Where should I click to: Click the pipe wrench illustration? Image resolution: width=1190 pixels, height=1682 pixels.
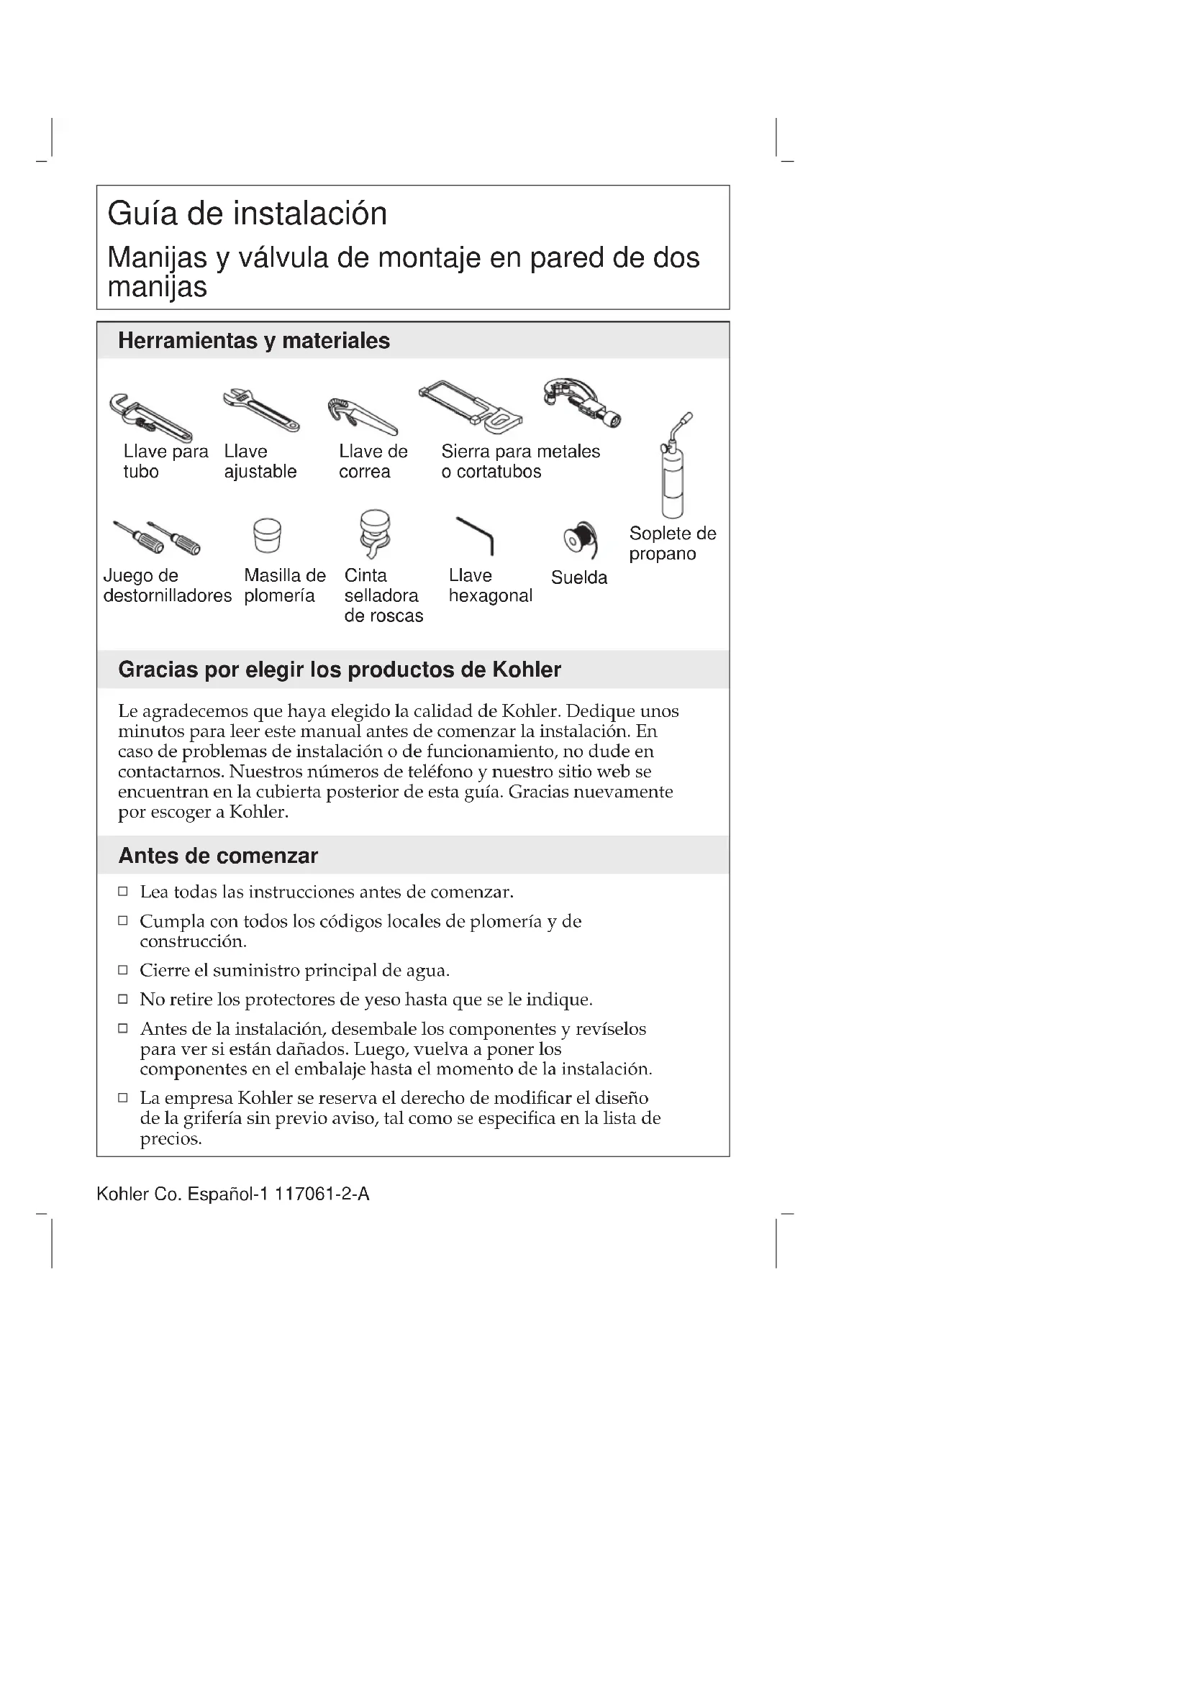click(150, 418)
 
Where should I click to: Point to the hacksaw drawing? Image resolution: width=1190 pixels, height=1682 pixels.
click(471, 405)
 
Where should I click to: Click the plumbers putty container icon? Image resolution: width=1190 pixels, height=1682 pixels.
click(267, 536)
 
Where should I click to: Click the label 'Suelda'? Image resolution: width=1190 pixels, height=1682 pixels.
click(579, 578)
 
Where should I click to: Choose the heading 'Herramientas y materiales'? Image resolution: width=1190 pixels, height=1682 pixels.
click(253, 341)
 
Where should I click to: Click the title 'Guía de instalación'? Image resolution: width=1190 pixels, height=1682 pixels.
click(247, 214)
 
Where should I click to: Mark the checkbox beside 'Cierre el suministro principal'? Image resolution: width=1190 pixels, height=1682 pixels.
click(123, 970)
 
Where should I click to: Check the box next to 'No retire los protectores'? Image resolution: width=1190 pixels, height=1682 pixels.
click(123, 1000)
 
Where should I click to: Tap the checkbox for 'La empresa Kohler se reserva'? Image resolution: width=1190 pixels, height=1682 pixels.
click(123, 1097)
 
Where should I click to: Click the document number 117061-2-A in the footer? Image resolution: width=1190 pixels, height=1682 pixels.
click(322, 1195)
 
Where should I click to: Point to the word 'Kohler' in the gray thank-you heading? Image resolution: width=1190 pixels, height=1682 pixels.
click(526, 669)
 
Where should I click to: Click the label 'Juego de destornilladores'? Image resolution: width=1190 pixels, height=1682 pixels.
click(167, 586)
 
